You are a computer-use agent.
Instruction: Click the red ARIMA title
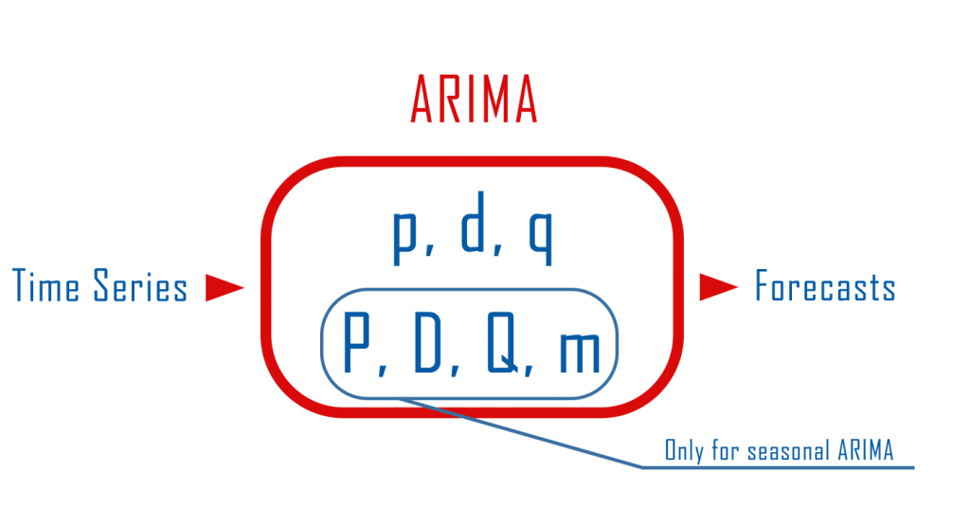[x=474, y=100]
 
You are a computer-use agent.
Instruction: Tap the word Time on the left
[x=45, y=285]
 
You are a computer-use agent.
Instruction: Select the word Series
[x=140, y=285]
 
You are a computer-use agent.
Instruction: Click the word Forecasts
[x=825, y=285]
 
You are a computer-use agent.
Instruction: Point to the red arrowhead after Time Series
[x=225, y=287]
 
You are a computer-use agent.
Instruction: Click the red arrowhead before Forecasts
[x=718, y=287]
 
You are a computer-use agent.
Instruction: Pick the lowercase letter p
[x=404, y=236]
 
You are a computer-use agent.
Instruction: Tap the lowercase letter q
[x=540, y=236]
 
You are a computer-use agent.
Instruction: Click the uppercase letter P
[x=356, y=342]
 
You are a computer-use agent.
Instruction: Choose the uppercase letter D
[x=427, y=342]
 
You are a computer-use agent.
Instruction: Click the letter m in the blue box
[x=580, y=352]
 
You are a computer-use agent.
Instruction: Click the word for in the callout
[x=725, y=450]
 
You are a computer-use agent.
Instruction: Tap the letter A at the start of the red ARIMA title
[x=422, y=100]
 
